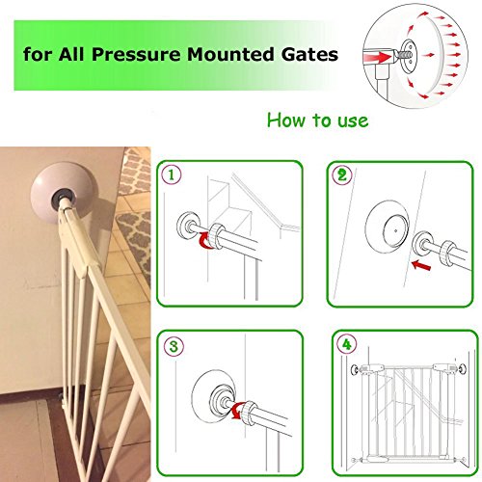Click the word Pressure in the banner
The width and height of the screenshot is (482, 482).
click(136, 54)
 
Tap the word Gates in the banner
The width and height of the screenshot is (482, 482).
click(310, 54)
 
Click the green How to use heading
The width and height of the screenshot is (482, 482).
click(317, 120)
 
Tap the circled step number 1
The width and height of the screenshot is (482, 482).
click(172, 174)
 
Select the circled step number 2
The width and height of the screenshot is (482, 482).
click(342, 175)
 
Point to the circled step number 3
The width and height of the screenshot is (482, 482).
click(174, 346)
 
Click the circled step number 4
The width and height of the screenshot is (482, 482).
click(347, 345)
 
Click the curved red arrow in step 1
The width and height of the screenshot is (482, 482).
click(204, 242)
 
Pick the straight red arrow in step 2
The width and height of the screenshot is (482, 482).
click(421, 265)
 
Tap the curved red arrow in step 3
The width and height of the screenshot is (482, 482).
click(238, 412)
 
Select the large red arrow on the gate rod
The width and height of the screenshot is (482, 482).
click(379, 58)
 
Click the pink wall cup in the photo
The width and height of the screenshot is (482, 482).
click(61, 190)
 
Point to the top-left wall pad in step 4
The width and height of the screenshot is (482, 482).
click(355, 370)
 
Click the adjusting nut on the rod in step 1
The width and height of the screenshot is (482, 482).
click(217, 236)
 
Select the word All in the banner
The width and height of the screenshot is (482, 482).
click(71, 54)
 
